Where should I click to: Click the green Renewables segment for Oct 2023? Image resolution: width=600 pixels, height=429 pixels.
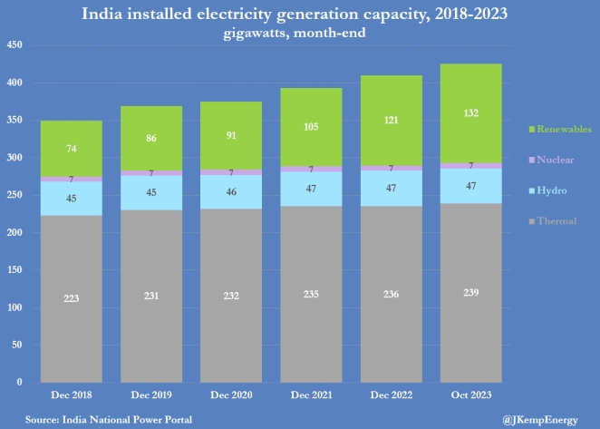point(470,113)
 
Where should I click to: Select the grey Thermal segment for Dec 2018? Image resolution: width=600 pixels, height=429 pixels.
point(71,299)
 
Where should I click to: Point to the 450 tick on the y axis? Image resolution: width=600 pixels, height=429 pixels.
point(15,45)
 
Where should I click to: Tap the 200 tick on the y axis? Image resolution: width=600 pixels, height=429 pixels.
point(15,232)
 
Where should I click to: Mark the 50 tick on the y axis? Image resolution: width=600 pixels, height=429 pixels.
point(16,345)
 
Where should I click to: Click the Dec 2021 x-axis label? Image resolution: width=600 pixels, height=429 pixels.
point(311,395)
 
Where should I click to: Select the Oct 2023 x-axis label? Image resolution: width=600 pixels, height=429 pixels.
point(470,395)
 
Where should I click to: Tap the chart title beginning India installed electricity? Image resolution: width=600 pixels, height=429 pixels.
point(299,15)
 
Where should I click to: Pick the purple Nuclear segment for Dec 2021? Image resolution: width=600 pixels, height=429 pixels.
point(311,169)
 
